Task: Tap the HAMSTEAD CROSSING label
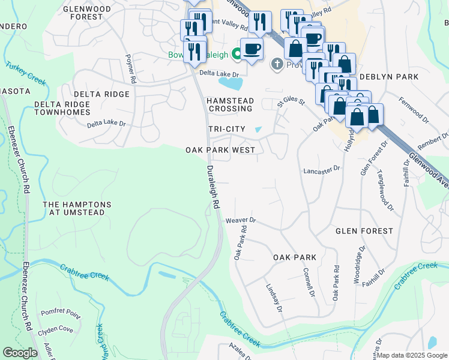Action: (x=230, y=105)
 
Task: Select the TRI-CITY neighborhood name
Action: (x=226, y=130)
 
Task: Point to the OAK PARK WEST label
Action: (x=220, y=150)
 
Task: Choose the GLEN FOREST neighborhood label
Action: (x=364, y=231)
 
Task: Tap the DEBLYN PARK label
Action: (x=388, y=77)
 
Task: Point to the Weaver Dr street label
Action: (x=241, y=221)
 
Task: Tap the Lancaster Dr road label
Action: (x=322, y=170)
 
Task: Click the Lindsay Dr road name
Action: (x=274, y=298)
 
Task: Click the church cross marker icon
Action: (x=277, y=64)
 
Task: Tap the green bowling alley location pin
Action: (x=237, y=55)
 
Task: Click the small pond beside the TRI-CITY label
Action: (x=258, y=129)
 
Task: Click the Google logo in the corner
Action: (x=20, y=353)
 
